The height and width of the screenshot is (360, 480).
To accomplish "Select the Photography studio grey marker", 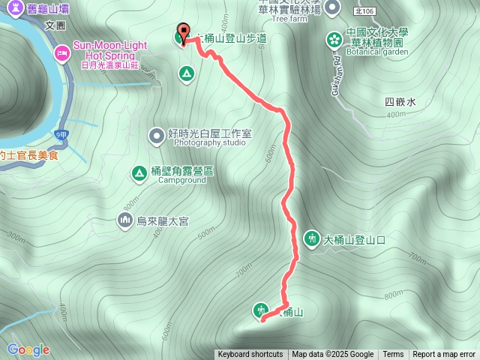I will coord(156,136).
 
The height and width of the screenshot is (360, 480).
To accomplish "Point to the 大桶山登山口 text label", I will coord(354,240).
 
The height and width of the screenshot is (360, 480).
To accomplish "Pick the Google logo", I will coord(28,349).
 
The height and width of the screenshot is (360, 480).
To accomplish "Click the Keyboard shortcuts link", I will coord(250,355).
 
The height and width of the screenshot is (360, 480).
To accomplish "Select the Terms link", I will coord(393,355).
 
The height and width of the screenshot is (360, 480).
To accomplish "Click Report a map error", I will coord(443,355).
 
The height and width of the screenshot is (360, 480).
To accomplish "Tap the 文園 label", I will coord(55,25).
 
